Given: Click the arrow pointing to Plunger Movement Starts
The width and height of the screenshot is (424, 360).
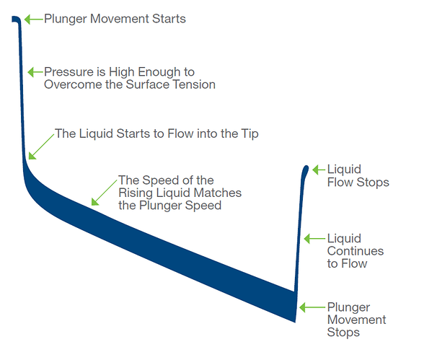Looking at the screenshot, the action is (x=33, y=19).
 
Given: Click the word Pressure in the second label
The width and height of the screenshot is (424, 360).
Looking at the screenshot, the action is (x=69, y=72).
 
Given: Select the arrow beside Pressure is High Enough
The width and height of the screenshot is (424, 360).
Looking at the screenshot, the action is (x=35, y=72).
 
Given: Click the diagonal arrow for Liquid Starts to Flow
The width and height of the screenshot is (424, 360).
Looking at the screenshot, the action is (x=41, y=146).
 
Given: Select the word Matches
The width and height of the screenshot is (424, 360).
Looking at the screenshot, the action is (x=218, y=193).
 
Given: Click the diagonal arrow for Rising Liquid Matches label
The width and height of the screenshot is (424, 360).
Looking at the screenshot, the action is (x=104, y=192).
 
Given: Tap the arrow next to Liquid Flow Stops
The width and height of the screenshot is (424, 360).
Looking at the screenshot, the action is (x=319, y=170).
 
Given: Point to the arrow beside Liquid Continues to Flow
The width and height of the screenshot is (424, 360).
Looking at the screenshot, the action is (x=314, y=239).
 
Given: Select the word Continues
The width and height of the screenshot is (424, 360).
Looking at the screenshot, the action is (x=355, y=251).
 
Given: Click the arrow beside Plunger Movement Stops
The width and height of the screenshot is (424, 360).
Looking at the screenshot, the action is (x=312, y=307).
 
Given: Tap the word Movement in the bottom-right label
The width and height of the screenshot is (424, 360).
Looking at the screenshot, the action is (x=357, y=320).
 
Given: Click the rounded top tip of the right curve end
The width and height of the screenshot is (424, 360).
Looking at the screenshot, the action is (x=306, y=167).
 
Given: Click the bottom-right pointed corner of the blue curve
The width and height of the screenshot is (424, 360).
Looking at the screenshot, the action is (x=295, y=322).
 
